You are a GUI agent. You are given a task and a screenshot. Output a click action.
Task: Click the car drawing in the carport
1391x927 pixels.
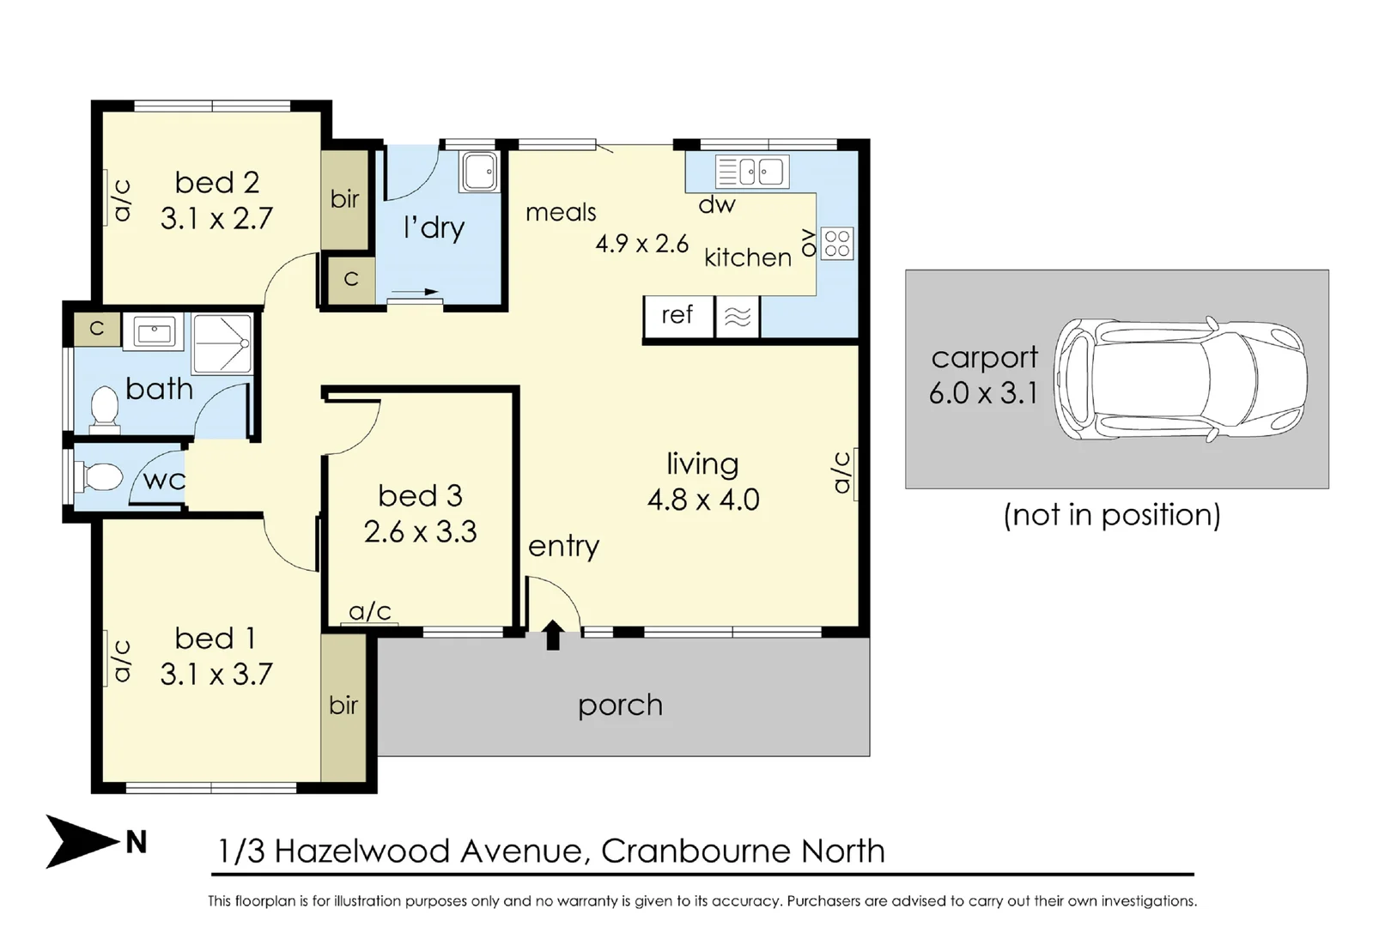1181,379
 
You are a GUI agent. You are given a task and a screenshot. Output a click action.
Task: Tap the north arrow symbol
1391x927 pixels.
82,841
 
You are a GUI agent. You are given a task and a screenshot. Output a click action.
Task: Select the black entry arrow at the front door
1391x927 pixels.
553,634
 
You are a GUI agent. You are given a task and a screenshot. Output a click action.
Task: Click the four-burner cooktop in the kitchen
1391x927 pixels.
837,243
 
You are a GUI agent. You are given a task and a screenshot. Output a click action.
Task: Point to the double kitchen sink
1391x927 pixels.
752,172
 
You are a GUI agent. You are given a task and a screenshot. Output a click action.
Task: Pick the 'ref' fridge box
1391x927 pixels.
678,316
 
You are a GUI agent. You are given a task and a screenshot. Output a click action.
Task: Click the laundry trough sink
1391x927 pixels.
479,171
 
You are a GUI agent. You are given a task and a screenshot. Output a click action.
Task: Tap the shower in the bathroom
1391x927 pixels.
222,343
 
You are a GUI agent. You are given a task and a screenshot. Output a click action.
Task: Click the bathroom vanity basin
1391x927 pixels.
153,332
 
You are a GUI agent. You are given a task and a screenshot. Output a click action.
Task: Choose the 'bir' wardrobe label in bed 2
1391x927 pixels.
345,199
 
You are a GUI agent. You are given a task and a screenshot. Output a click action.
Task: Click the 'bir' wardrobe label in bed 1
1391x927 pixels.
343,706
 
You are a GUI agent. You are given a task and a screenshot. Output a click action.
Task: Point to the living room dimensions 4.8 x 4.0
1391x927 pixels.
703,500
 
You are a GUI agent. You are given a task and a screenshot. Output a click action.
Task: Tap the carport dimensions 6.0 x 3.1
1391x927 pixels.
983,393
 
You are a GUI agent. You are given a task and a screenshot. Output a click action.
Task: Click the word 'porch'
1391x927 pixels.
620,706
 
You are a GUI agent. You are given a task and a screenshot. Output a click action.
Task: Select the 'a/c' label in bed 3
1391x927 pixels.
370,612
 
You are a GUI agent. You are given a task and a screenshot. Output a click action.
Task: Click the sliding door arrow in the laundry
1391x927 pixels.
416,292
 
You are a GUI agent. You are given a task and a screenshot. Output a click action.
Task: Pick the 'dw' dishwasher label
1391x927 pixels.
717,204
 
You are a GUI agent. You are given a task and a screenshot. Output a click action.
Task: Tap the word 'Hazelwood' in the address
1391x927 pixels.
362,851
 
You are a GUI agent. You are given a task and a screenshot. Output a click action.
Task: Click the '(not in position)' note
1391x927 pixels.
1112,515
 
